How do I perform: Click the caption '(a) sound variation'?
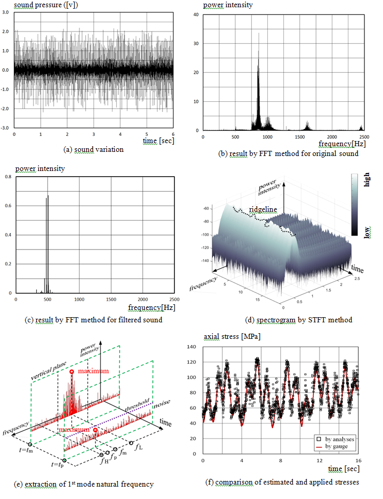pos(93,150)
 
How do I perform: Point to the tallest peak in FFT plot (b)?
pos(259,34)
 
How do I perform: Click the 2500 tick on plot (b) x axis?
pos(361,136)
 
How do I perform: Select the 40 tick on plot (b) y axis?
pos(196,14)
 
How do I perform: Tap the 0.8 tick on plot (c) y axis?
pos(9,177)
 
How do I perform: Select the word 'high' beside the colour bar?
pos(368,181)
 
